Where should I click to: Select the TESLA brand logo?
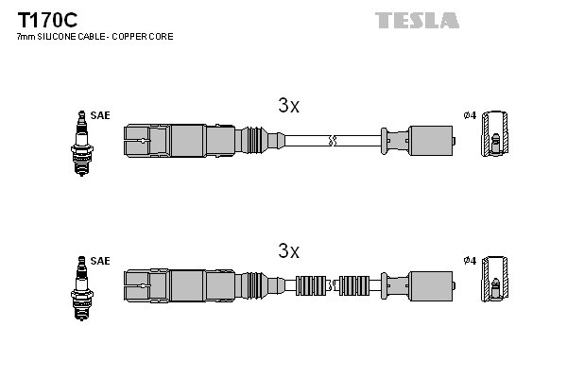tap(417, 20)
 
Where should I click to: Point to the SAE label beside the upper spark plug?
tap(101, 115)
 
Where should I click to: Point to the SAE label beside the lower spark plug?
tap(101, 260)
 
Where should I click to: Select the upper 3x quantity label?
tap(288, 107)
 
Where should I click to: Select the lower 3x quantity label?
tap(288, 251)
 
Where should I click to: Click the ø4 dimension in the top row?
tap(469, 116)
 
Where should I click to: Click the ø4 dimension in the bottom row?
tap(469, 260)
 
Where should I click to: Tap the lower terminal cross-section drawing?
tap(494, 283)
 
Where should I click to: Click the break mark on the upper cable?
tap(330, 142)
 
